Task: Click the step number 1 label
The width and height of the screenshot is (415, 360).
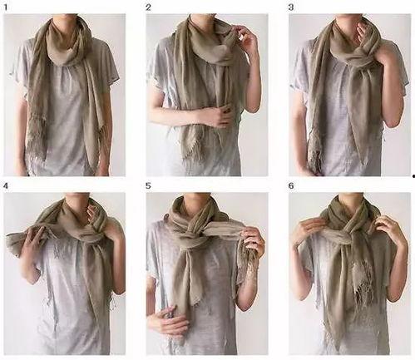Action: [6, 7]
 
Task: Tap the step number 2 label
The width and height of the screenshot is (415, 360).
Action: [149, 7]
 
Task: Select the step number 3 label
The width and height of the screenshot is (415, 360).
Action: [291, 7]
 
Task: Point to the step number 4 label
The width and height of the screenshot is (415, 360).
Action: [6, 186]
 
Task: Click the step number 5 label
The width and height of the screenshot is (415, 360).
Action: [149, 186]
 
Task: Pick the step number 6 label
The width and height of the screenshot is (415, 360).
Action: [291, 186]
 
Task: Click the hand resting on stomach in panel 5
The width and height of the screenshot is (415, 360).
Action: [163, 318]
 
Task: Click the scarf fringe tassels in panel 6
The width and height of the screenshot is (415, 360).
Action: [363, 280]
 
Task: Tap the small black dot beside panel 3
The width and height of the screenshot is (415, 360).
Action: [413, 176]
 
